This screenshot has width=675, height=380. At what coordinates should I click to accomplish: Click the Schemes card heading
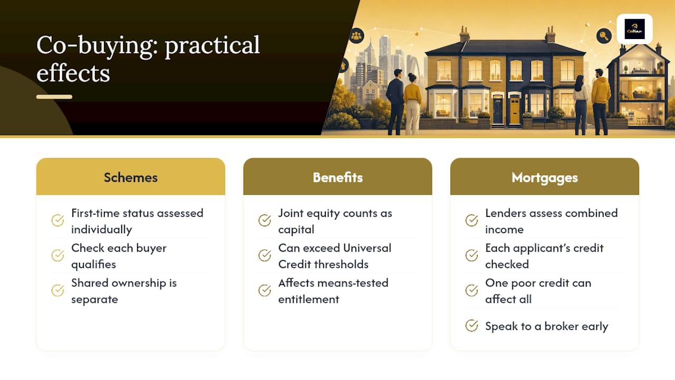pos(131,177)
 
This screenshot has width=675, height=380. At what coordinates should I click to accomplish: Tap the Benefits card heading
pos(337,177)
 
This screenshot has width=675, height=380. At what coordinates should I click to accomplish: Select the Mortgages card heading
pos(545,178)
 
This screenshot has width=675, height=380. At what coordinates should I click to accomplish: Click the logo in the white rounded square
pos(634,29)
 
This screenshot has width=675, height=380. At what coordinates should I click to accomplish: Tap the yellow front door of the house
pos(515,111)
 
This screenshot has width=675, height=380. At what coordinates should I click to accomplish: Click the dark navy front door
pos(498,111)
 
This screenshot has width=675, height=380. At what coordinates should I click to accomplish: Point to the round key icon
pos(604,36)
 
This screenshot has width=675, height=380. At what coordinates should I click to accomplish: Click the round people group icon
pos(356,36)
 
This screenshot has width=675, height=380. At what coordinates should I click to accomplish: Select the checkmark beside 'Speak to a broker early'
pos(471,326)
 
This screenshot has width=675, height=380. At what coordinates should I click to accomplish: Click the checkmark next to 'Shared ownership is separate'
pos(57,290)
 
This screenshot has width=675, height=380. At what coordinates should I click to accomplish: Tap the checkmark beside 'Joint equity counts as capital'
pos(265,220)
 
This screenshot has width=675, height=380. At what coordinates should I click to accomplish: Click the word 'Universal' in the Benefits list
pos(367,248)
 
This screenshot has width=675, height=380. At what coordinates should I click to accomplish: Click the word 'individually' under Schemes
pos(102,230)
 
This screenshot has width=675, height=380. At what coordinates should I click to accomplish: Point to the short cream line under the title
pos(54,97)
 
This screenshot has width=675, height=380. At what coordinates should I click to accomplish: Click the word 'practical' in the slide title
pos(212,45)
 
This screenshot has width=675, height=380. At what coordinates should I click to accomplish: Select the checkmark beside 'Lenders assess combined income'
pos(471,220)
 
